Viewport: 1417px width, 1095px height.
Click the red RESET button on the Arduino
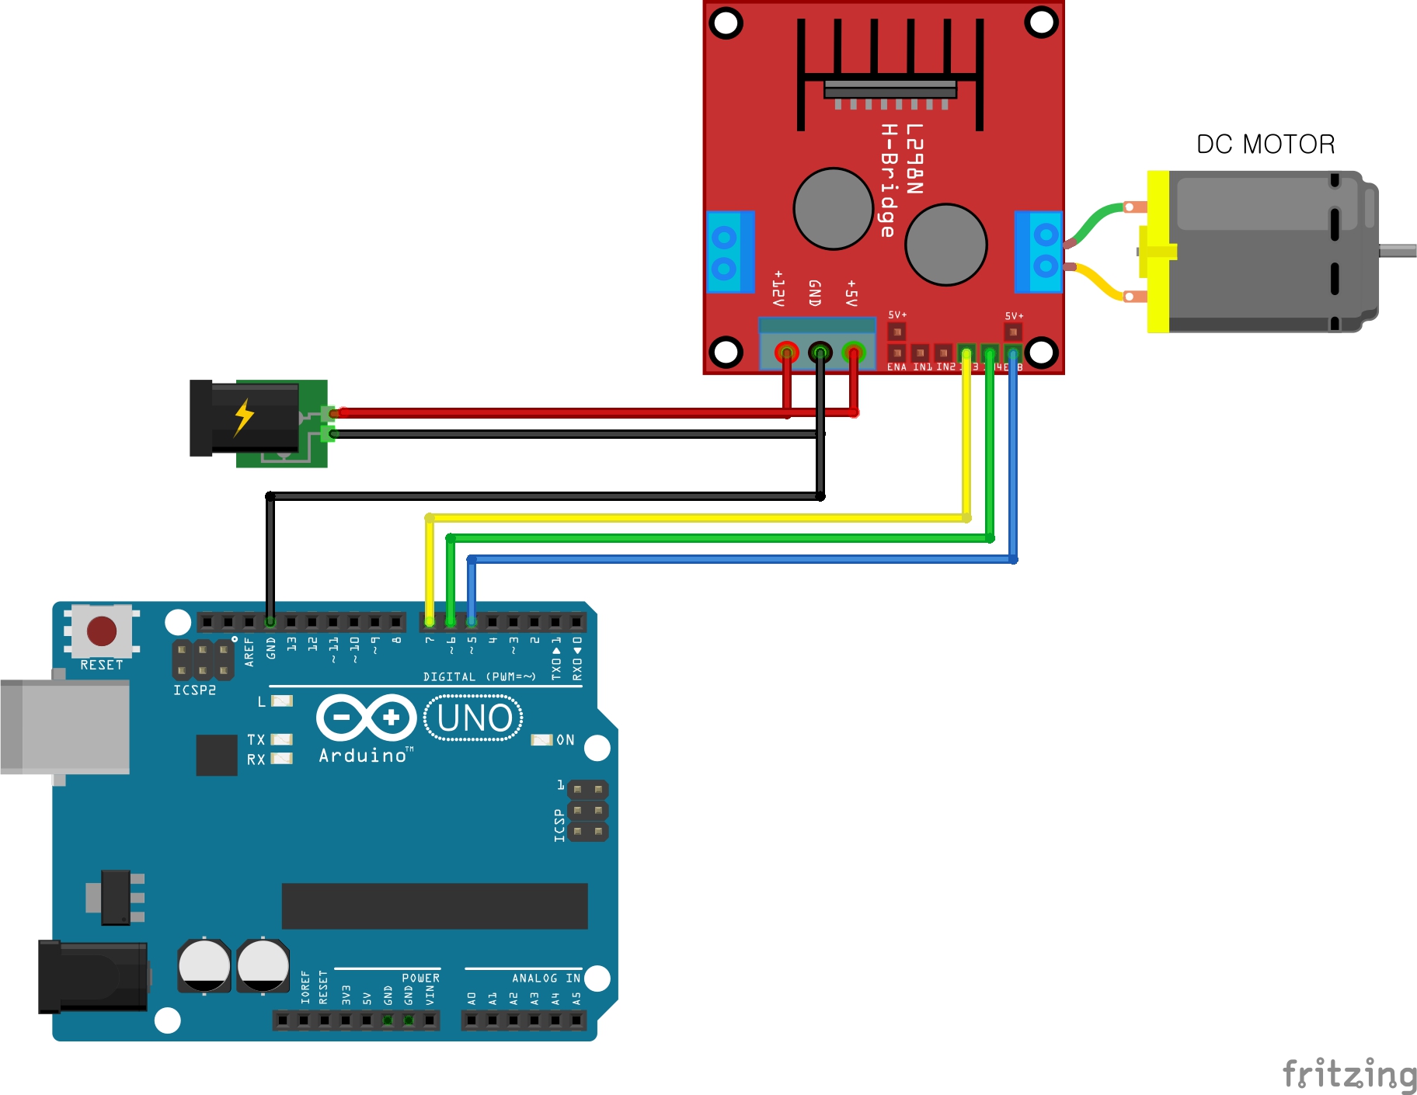[102, 631]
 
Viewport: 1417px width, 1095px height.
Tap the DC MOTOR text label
[1265, 144]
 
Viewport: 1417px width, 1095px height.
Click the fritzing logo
[1349, 1075]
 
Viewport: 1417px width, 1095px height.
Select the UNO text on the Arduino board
[474, 718]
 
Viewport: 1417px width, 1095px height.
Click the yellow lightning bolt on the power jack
[244, 417]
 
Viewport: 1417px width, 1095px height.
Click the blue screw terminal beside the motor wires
[1039, 251]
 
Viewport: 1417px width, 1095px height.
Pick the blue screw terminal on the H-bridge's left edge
[729, 251]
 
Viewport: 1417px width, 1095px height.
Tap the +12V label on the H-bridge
[778, 288]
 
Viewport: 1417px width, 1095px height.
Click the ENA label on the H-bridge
[897, 367]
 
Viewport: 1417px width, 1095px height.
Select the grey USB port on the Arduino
[65, 726]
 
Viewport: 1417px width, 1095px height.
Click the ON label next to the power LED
[566, 740]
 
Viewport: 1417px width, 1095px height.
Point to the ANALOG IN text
[545, 979]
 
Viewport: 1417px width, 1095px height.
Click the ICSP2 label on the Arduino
[194, 690]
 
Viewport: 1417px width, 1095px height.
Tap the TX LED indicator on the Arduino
[281, 739]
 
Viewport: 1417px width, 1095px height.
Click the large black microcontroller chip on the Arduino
[434, 906]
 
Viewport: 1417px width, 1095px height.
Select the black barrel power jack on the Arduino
[93, 976]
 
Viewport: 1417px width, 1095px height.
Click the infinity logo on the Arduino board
[366, 718]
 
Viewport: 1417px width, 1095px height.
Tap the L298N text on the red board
[914, 159]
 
